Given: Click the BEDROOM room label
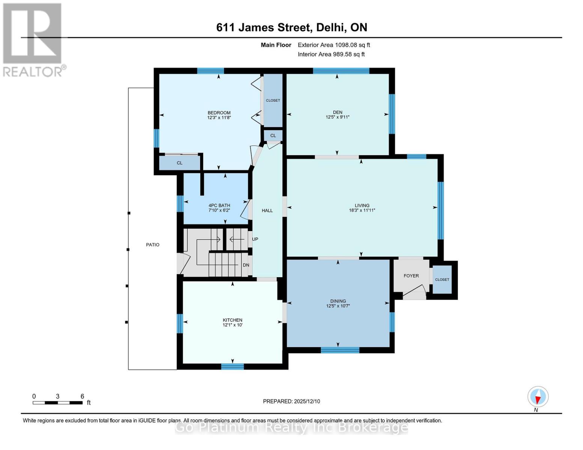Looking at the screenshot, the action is (219, 112).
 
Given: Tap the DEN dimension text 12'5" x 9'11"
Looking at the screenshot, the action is (337, 117).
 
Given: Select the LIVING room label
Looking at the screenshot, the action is (362, 205).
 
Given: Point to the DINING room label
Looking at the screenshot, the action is (338, 301).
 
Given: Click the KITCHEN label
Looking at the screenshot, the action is (232, 320).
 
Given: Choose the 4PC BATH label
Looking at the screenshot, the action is (219, 205).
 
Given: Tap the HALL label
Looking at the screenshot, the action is (267, 210).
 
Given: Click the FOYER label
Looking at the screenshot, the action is (411, 276).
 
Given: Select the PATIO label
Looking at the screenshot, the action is (153, 244).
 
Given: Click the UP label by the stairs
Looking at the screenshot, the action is (255, 239).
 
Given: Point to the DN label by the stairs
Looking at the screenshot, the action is (246, 265).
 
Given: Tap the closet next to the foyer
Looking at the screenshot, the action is (442, 279).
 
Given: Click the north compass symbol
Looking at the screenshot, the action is (538, 397).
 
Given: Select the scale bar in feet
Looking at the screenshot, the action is (58, 402).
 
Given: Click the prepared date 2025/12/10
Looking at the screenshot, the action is (307, 401).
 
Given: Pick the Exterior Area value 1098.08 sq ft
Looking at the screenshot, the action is (352, 45).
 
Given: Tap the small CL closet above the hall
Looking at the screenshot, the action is (273, 135).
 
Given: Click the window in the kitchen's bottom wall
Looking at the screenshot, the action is (232, 366).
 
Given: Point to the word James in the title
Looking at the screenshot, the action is (256, 27).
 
